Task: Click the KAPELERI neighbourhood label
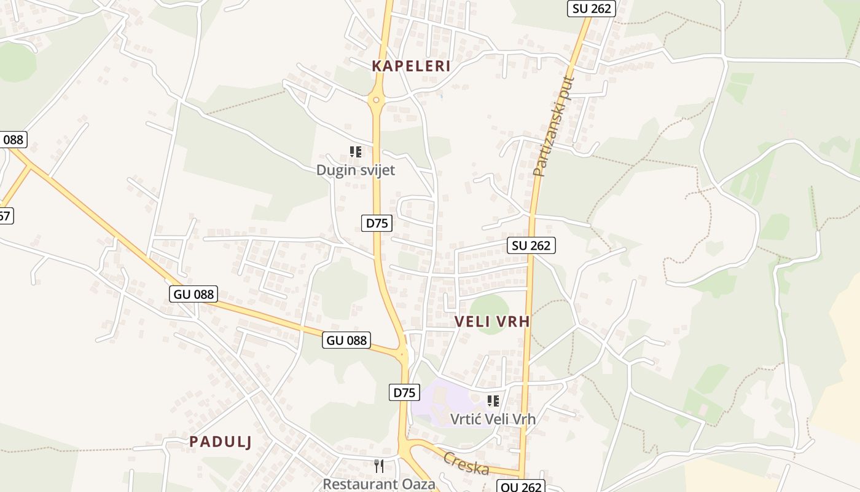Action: [411, 66]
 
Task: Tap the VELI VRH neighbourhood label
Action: [492, 321]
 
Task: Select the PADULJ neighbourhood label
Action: [221, 442]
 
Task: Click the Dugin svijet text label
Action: [356, 170]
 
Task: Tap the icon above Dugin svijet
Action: [355, 151]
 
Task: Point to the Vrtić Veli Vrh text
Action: [493, 419]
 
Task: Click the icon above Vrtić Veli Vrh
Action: [493, 401]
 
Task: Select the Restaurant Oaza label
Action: [379, 484]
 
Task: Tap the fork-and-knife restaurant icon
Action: [379, 466]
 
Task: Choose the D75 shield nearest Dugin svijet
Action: [377, 223]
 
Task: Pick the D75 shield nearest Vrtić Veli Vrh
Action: [404, 392]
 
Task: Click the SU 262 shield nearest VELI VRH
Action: [531, 245]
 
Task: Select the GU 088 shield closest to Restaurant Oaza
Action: [346, 340]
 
